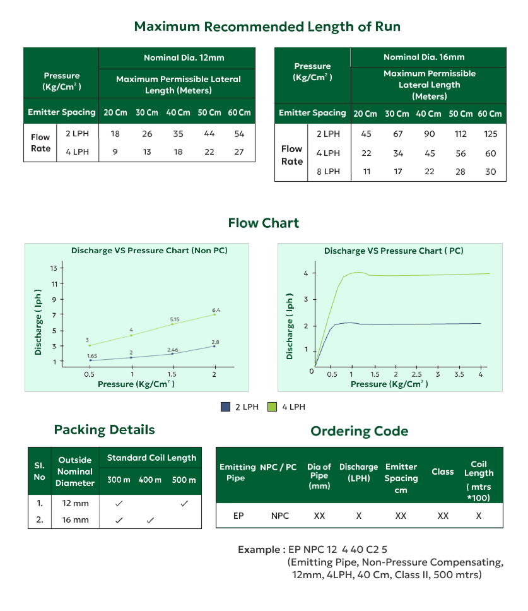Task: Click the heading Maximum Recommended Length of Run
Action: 267,27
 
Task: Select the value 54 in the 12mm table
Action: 239,134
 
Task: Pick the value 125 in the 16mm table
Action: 491,134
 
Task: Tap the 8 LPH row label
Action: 327,172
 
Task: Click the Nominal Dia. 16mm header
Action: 428,57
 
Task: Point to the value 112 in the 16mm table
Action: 460,134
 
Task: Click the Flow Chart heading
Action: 264,223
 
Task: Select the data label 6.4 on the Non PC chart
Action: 216,310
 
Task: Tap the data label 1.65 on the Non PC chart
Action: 92,356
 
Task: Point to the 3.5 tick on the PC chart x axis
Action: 459,374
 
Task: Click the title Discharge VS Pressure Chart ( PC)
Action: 394,251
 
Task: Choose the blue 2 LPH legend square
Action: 225,407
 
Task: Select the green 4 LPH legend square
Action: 273,407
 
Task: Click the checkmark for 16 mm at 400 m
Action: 150,520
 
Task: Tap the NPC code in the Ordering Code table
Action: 280,516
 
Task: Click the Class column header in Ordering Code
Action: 443,472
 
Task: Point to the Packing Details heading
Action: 104,430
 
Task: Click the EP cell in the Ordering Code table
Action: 238,516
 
